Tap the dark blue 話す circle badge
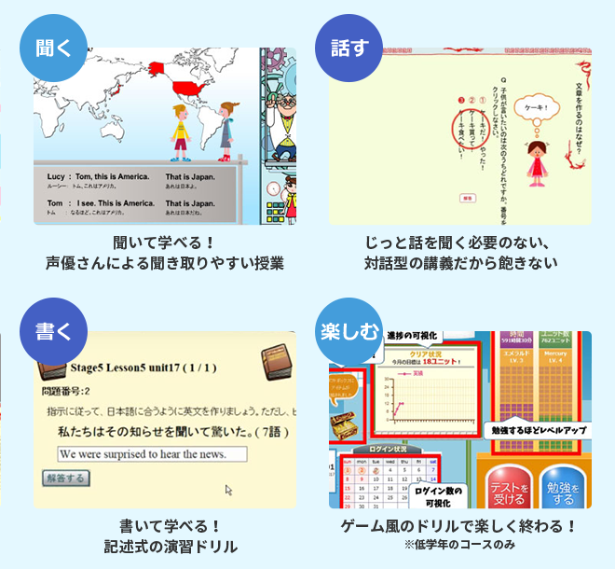click(349, 48)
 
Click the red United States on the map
click(192, 90)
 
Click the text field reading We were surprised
click(152, 453)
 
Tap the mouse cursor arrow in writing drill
click(228, 488)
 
